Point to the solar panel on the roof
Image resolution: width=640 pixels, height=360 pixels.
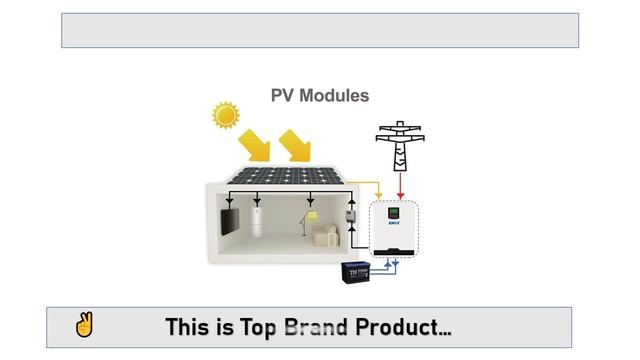click(288, 175)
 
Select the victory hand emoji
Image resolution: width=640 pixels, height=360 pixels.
click(84, 326)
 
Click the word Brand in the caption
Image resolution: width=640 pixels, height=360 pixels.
click(316, 327)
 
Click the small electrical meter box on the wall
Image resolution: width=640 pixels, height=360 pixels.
click(351, 217)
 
